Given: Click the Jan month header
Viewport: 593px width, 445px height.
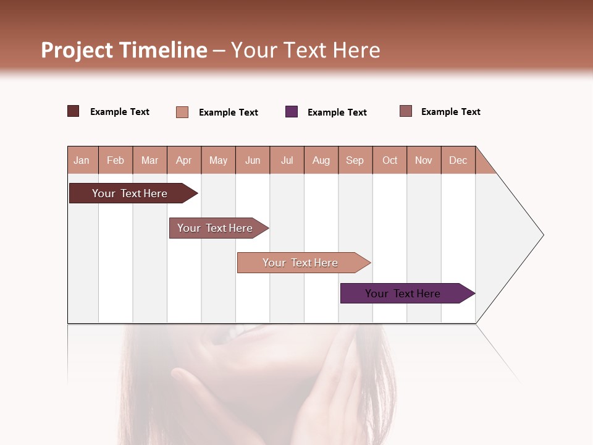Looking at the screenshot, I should point(82,160).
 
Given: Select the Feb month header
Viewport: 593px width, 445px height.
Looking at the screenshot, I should point(116,160).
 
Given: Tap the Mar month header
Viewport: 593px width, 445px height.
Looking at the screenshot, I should point(149,160).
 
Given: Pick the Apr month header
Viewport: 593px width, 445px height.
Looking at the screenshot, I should point(184,160).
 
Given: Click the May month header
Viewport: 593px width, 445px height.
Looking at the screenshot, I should point(218,160).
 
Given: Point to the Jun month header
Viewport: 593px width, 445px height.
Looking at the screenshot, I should point(253,160).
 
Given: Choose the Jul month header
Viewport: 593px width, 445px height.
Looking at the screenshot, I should point(287,160).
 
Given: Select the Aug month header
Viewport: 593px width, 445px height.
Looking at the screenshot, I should point(321,160).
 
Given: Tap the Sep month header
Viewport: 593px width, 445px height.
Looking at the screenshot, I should point(355,160).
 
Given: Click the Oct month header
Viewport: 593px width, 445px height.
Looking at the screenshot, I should point(390,160).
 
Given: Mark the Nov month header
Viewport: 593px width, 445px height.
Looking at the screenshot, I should point(424,160).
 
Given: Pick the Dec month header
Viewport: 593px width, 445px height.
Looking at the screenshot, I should point(458,160).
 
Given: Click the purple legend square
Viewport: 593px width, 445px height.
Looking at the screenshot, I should point(292,112).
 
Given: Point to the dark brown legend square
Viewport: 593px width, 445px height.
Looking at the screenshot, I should point(74,111).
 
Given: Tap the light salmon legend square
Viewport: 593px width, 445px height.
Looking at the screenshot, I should point(182,112).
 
